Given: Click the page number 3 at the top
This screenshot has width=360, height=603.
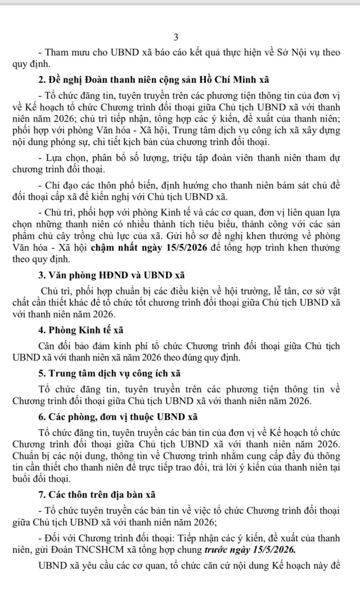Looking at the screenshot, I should [x=176, y=37].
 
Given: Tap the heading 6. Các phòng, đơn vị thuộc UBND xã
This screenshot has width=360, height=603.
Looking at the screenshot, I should [x=117, y=417].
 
